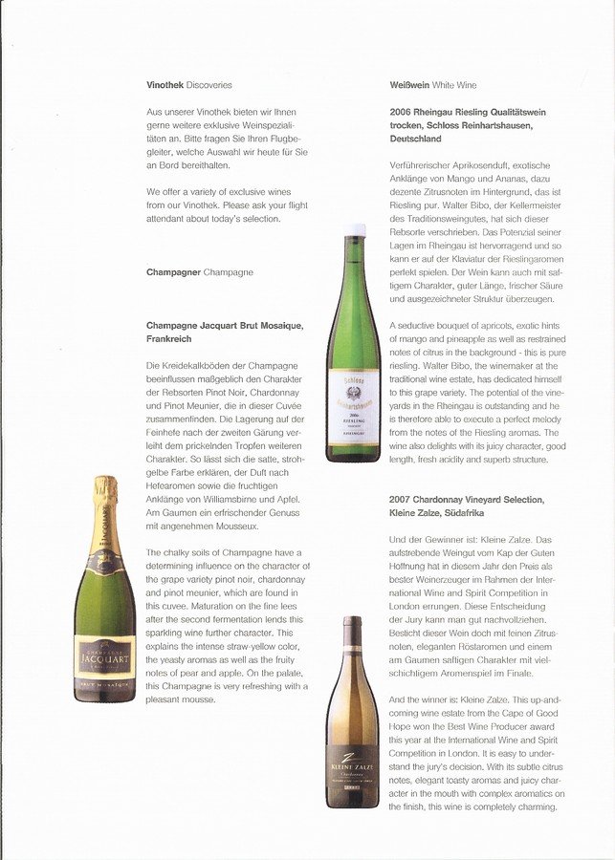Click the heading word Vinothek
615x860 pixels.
(165, 85)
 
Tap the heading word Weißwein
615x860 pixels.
(409, 85)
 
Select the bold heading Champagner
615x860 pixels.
(173, 272)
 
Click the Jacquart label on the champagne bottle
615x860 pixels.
(105, 656)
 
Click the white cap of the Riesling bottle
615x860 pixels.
(355, 231)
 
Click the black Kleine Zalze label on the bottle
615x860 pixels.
(353, 771)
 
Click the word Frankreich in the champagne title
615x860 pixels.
(169, 339)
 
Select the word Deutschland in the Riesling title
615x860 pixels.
(415, 139)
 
